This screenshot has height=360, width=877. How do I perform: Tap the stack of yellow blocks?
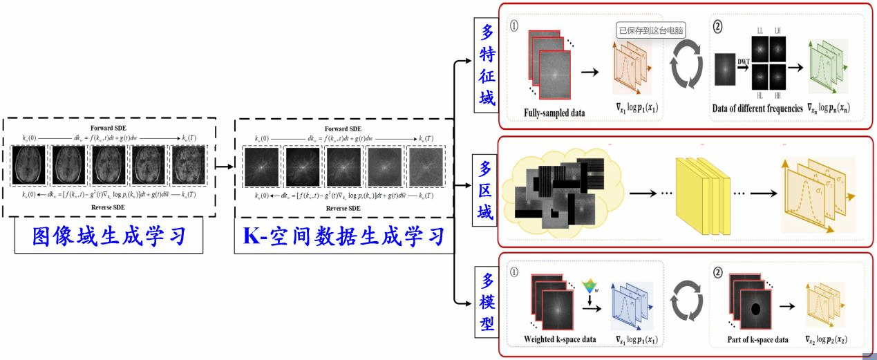tap(704, 189)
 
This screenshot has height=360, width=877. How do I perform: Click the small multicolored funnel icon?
tap(590, 287)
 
